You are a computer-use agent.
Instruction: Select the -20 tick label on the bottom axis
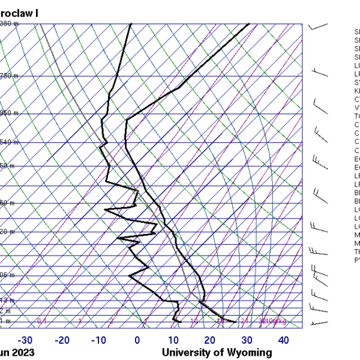[62, 340]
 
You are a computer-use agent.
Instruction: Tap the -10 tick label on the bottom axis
[99, 340]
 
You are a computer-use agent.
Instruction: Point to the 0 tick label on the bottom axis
[137, 340]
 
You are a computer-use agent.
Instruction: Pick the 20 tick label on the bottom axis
[209, 340]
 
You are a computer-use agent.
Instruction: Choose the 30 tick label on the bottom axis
[247, 340]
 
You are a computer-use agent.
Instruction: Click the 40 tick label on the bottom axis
[284, 340]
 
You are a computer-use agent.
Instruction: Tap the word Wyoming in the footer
[246, 352]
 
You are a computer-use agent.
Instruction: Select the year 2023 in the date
[23, 352]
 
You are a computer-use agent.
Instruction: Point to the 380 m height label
[8, 23]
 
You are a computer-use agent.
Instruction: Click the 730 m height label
[8, 76]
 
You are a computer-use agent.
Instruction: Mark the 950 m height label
[8, 113]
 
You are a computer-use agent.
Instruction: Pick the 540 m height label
[8, 142]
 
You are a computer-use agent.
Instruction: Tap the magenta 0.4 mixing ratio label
[42, 321]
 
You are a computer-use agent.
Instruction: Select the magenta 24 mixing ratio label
[244, 321]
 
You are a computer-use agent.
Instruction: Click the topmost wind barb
[318, 26]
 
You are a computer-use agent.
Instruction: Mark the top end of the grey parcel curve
[41, 24]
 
